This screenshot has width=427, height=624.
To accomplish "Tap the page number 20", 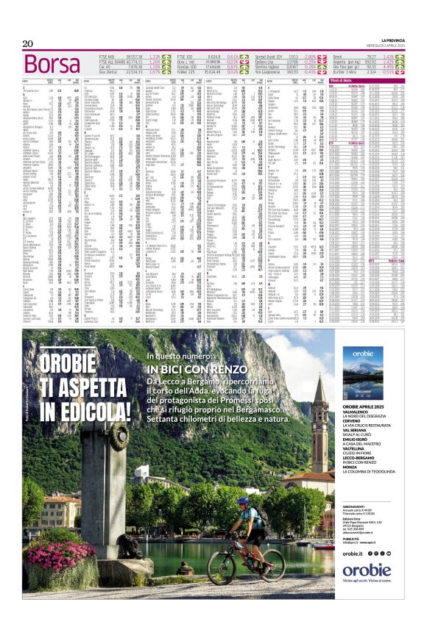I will (x=29, y=43).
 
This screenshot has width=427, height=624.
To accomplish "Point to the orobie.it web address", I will (x=353, y=553).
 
